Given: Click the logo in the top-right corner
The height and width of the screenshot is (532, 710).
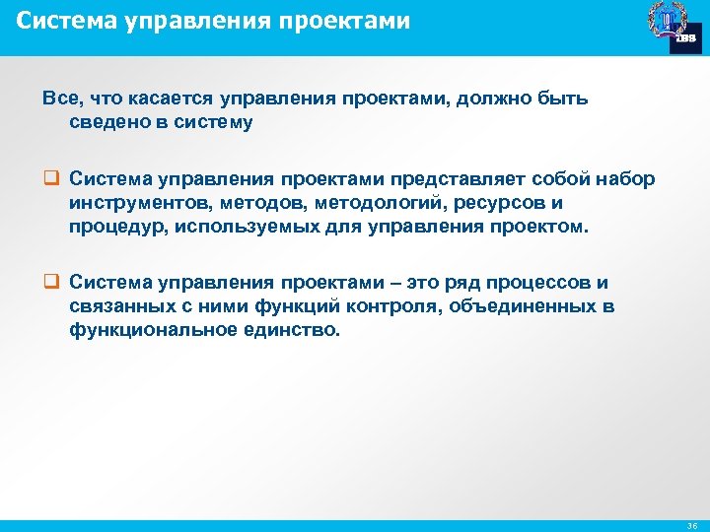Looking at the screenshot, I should pos(674,27).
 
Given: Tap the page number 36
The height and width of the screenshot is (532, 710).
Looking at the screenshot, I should pos(689,525).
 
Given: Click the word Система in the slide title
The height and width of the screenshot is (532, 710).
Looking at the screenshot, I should pos(58,20).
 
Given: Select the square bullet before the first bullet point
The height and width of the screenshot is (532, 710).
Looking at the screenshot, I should pos(48,178).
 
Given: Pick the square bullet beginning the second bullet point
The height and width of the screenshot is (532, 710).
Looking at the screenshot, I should pos(48,283).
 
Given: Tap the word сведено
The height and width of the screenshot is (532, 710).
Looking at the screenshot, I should pos(107,122).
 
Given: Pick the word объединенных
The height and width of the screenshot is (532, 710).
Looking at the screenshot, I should pos(523,306).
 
